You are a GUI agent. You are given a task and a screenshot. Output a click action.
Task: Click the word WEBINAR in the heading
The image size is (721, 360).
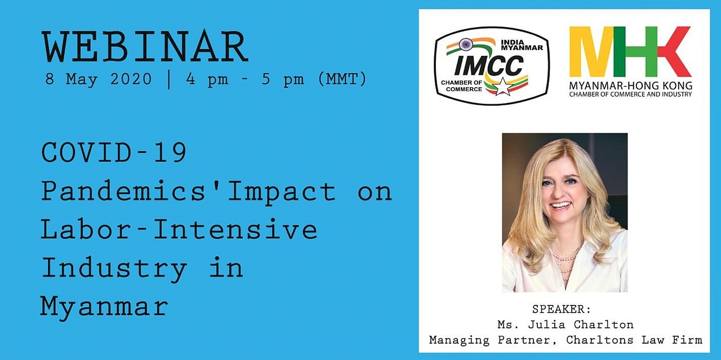[145, 47]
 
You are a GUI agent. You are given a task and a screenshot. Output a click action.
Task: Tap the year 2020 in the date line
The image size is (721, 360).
[131, 79]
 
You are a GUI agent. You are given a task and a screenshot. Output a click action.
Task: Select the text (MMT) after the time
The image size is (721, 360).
[342, 79]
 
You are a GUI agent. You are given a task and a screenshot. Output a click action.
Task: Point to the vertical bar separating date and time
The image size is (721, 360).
[169, 79]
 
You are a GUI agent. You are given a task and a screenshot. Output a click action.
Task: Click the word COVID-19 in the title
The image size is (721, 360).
[114, 152]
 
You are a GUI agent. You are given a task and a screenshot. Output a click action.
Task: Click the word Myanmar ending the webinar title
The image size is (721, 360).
[104, 307]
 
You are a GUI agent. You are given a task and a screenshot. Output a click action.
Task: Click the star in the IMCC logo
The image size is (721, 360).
[502, 87]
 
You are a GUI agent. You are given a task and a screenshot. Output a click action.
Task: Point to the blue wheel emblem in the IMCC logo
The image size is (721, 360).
[465, 44]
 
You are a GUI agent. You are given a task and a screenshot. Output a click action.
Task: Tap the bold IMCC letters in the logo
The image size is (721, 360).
[488, 65]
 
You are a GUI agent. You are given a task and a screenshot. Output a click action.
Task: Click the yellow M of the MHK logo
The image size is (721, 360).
[591, 51]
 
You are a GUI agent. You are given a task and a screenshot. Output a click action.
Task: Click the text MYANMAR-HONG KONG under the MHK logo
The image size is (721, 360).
[630, 86]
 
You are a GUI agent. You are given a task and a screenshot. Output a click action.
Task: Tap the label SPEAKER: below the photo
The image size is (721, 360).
[562, 309]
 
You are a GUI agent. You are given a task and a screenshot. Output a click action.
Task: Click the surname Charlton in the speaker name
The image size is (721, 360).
[604, 325]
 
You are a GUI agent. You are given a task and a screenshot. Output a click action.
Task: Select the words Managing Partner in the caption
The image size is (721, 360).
[490, 340]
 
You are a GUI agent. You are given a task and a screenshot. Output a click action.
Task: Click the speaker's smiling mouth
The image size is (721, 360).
[560, 205]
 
